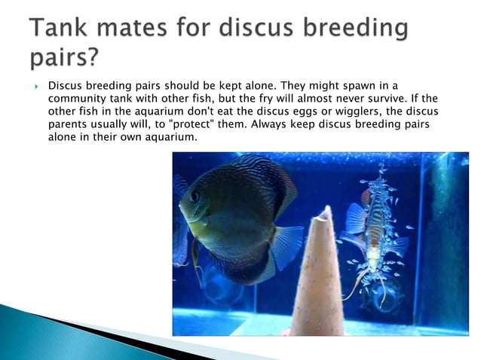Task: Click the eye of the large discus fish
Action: (195, 197)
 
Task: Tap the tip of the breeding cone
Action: (324, 212)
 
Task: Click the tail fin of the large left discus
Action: (286, 245)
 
